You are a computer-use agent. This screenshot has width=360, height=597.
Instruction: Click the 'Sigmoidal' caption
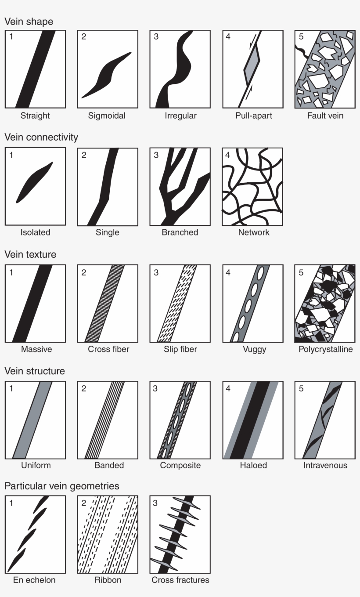pos(107,116)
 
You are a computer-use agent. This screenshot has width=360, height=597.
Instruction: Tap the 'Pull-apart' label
pos(253,116)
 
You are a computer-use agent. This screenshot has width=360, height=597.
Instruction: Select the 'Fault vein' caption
pos(325,116)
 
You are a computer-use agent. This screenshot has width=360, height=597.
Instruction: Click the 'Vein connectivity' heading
pos(41,137)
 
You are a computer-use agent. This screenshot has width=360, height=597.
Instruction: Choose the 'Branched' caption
pos(180,232)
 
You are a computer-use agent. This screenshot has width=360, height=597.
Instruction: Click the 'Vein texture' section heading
pos(30,254)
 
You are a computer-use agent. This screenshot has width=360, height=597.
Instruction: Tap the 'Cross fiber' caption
pos(108,350)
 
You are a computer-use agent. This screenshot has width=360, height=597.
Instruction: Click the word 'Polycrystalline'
pos(326,350)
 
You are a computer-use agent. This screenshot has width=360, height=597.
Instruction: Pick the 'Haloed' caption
pos(253,466)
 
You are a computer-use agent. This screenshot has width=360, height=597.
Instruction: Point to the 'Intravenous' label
pos(325,466)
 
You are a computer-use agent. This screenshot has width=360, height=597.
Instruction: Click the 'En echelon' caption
pos(34,580)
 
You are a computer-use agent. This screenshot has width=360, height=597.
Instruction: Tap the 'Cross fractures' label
pos(180,580)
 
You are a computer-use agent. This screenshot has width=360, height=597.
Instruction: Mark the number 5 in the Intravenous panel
pos(301,388)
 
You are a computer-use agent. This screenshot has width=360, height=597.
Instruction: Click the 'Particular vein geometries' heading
pos(62,486)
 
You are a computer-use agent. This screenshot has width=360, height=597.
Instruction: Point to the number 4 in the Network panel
pos(227,155)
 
